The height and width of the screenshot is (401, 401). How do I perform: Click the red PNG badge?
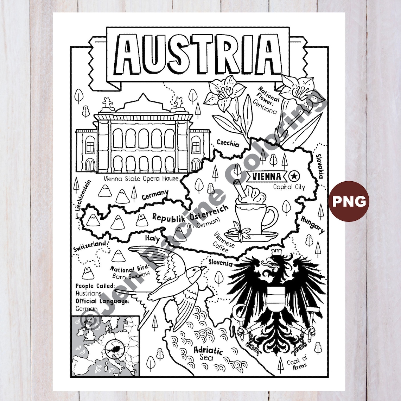[x=349, y=201]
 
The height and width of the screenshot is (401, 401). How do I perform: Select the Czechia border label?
[x=228, y=143]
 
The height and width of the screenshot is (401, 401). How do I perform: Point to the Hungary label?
[x=312, y=224]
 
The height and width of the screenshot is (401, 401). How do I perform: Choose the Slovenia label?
[x=220, y=263]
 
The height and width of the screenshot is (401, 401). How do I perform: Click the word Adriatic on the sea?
[x=208, y=351]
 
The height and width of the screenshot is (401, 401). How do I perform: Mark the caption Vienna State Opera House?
[x=141, y=178]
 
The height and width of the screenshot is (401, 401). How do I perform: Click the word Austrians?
[x=88, y=293]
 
